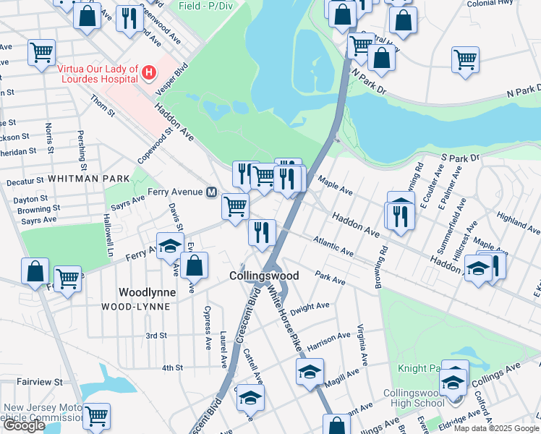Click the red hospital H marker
point(148,72)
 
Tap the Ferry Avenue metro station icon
point(212,192)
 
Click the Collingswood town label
point(264,276)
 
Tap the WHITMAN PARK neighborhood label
point(90,178)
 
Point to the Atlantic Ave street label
point(333,246)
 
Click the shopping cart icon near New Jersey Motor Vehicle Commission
point(96,417)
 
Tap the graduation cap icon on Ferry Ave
point(170,247)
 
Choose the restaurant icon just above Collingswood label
point(261,232)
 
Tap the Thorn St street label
point(103,107)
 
